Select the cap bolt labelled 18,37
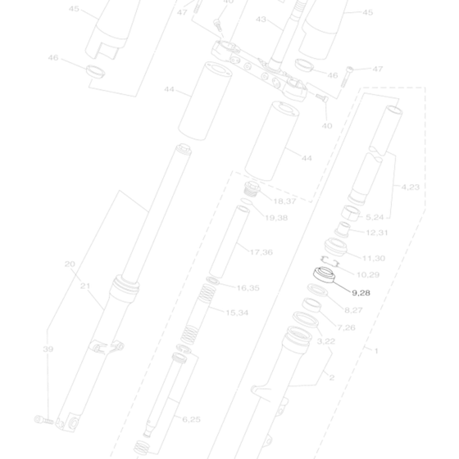click(x=251, y=188)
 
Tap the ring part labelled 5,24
click(x=352, y=213)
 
